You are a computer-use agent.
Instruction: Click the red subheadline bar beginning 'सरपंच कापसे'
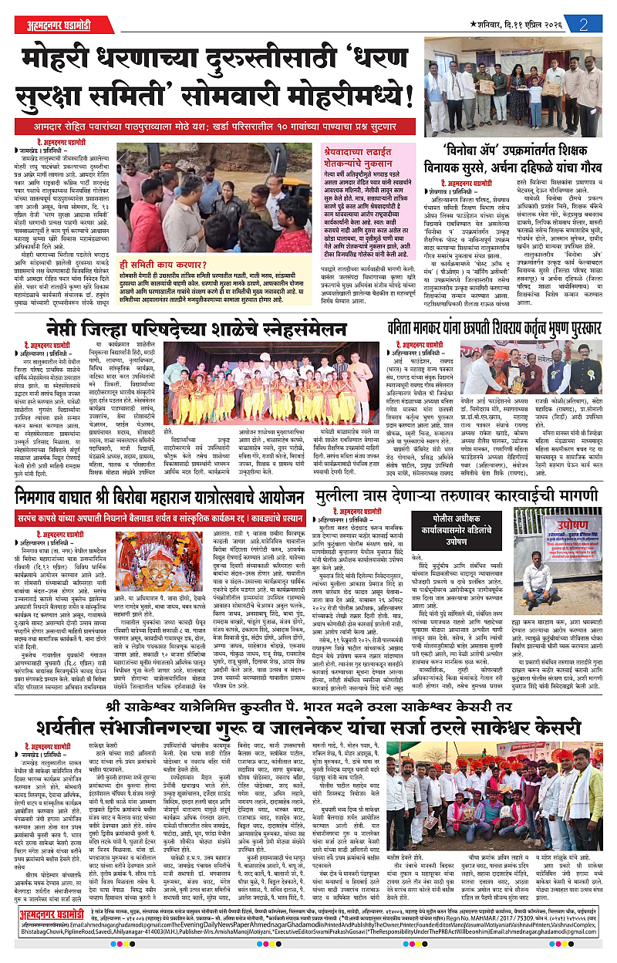167,510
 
